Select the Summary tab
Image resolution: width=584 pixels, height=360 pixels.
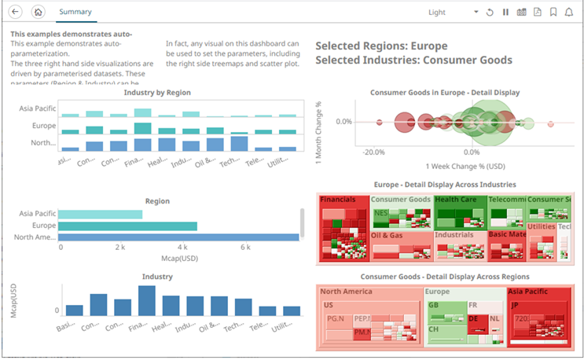75,13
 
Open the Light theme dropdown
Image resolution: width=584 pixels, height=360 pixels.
452,13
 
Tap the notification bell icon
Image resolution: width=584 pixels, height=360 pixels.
569,13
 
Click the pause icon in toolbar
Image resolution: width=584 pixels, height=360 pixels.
505,13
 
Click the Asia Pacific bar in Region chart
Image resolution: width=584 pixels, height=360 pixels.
100,214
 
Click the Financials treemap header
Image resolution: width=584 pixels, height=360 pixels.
338,200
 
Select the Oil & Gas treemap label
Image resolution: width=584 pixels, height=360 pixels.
387,235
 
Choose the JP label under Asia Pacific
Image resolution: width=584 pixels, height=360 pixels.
516,305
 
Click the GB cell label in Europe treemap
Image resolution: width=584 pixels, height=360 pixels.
433,305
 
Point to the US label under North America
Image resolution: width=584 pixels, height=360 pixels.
329,305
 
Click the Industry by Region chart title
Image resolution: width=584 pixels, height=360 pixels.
157,93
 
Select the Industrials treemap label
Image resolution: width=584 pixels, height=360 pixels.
454,235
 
